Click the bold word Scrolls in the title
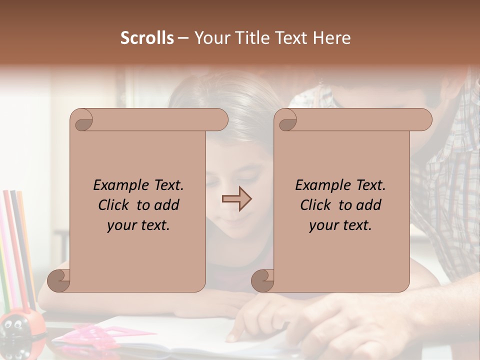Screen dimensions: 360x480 click(x=147, y=38)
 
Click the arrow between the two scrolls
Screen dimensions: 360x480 click(x=236, y=199)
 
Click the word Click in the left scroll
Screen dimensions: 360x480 click(x=115, y=205)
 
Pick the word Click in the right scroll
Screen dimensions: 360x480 click(x=315, y=205)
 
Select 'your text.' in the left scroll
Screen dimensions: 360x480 click(x=138, y=225)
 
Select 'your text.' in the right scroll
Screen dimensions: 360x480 click(x=340, y=225)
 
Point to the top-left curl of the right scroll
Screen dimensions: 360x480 click(x=287, y=120)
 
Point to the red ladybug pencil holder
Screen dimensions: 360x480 click(x=17, y=327)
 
